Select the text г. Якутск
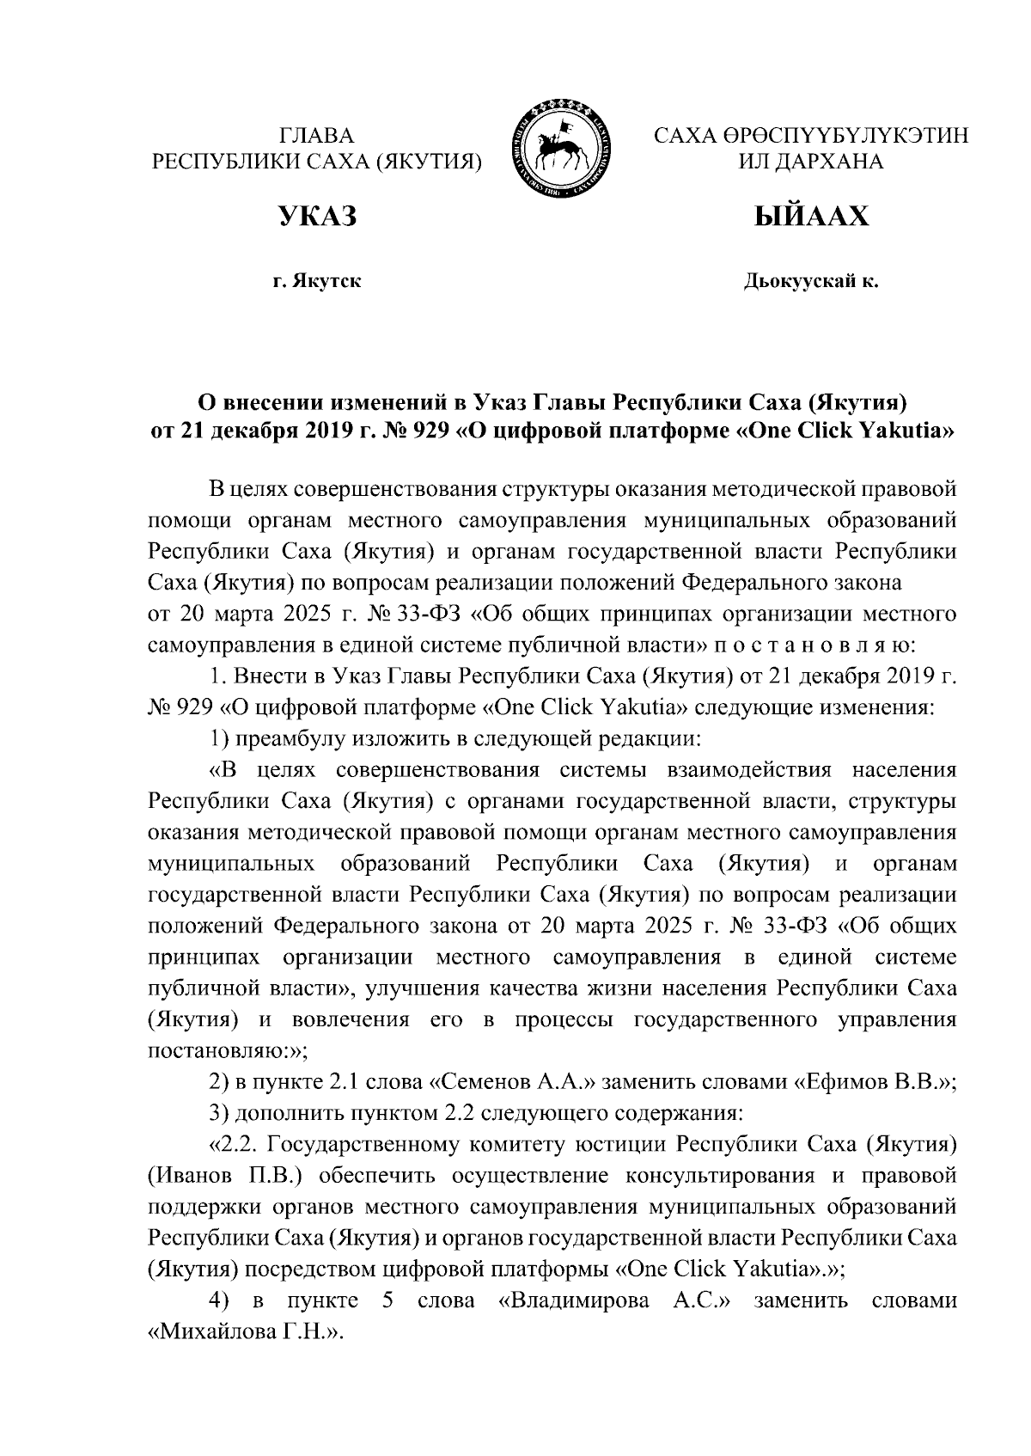[x=316, y=281]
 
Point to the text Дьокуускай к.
[x=811, y=281]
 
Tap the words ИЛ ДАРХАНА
[x=811, y=161]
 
